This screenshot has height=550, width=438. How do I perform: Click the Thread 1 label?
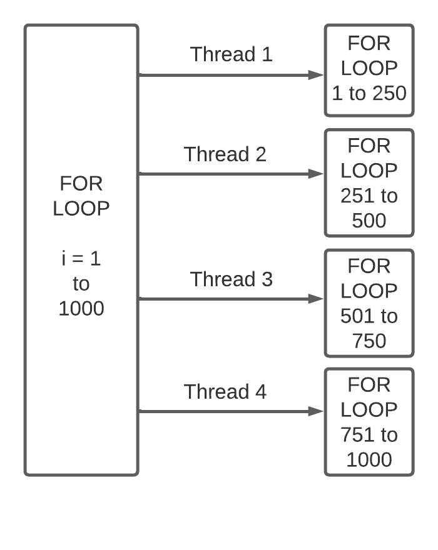(x=232, y=54)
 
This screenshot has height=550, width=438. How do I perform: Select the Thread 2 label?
(x=225, y=154)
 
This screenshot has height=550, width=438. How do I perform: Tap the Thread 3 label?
(x=232, y=279)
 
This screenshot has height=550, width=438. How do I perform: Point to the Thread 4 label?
(x=225, y=392)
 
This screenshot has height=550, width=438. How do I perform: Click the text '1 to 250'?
(x=369, y=94)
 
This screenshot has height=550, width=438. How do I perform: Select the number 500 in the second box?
(x=369, y=221)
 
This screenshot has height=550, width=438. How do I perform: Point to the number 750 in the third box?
(x=369, y=341)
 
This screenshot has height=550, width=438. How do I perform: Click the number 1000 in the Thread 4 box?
(x=369, y=460)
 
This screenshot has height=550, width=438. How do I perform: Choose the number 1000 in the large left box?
(x=81, y=309)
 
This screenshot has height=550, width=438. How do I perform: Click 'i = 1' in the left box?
(x=81, y=259)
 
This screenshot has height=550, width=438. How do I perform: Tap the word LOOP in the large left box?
(x=81, y=209)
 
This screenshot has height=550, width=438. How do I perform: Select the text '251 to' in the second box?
(x=369, y=196)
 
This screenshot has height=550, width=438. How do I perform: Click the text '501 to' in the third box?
(x=369, y=316)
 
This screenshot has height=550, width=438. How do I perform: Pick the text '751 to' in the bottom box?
(x=369, y=435)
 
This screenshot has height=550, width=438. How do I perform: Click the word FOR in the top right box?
(x=369, y=43)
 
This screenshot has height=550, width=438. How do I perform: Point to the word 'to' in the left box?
(x=81, y=284)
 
